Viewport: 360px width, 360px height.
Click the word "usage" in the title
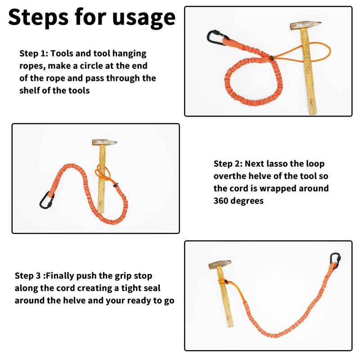(144, 18)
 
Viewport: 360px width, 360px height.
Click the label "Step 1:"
(34, 54)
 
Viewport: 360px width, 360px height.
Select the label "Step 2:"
(228, 164)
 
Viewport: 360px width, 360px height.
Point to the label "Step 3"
(28, 275)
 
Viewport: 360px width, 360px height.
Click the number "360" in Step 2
(220, 201)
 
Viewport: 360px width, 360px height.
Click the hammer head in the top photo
(305, 26)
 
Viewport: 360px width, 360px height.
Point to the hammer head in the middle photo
(104, 143)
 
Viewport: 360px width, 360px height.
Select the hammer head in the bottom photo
(220, 265)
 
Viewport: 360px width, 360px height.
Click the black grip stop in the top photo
(272, 58)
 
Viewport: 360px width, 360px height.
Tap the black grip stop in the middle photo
(116, 184)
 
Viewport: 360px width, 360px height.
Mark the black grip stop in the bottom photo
(226, 282)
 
